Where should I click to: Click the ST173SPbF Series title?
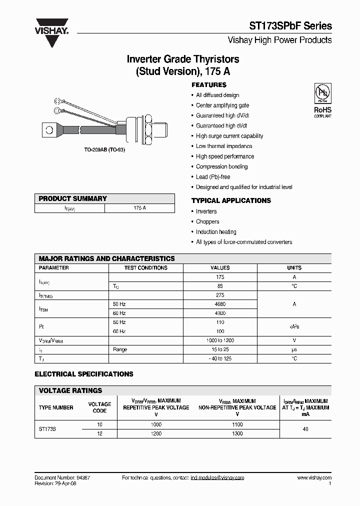click(290, 26)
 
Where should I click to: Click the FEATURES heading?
click(209, 85)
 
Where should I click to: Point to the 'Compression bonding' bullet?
click(221, 166)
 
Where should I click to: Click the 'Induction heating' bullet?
click(216, 232)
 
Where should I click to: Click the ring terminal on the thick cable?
click(49, 130)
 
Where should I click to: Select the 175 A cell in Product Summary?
click(139, 207)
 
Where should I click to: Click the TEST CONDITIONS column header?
click(145, 268)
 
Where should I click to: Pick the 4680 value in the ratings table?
click(220, 304)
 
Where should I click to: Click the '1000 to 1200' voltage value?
click(220, 340)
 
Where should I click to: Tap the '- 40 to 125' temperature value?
click(220, 358)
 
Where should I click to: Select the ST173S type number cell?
click(47, 429)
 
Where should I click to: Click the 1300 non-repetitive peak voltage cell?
click(237, 433)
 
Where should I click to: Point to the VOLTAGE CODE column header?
click(99, 407)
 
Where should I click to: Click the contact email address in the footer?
click(217, 478)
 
